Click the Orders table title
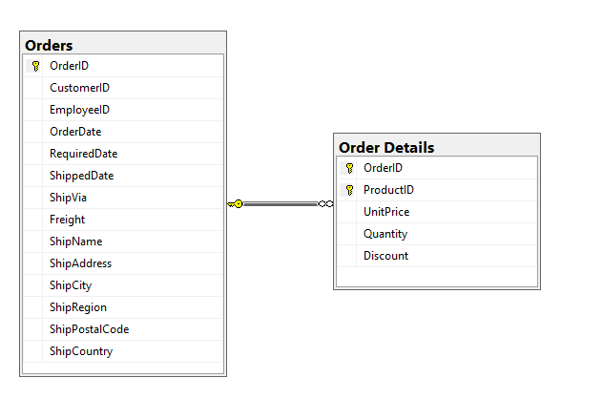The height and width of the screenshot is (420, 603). [49, 46]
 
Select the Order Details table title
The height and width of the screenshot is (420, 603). [386, 148]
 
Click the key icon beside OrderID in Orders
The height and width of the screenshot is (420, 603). [35, 66]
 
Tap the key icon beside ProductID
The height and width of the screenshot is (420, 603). [349, 190]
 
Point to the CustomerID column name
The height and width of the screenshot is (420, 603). [79, 88]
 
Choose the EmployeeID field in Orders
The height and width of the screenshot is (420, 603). [79, 110]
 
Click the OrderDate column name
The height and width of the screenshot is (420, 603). [75, 132]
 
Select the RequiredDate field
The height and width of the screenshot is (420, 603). [83, 154]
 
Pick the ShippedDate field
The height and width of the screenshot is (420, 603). [81, 176]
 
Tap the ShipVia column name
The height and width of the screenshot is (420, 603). [68, 198]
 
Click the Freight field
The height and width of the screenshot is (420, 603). [68, 220]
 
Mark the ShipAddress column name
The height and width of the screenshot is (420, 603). [80, 263]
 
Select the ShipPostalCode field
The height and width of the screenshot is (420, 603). [90, 329]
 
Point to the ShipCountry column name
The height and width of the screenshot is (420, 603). [81, 351]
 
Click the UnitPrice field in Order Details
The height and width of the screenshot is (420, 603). [386, 212]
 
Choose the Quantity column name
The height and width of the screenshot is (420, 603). [385, 234]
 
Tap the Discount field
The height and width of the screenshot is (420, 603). [385, 256]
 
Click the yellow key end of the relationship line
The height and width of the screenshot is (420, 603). [236, 204]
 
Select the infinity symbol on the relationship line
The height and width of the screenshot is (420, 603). [325, 204]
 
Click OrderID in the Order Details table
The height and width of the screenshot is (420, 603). [383, 168]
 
